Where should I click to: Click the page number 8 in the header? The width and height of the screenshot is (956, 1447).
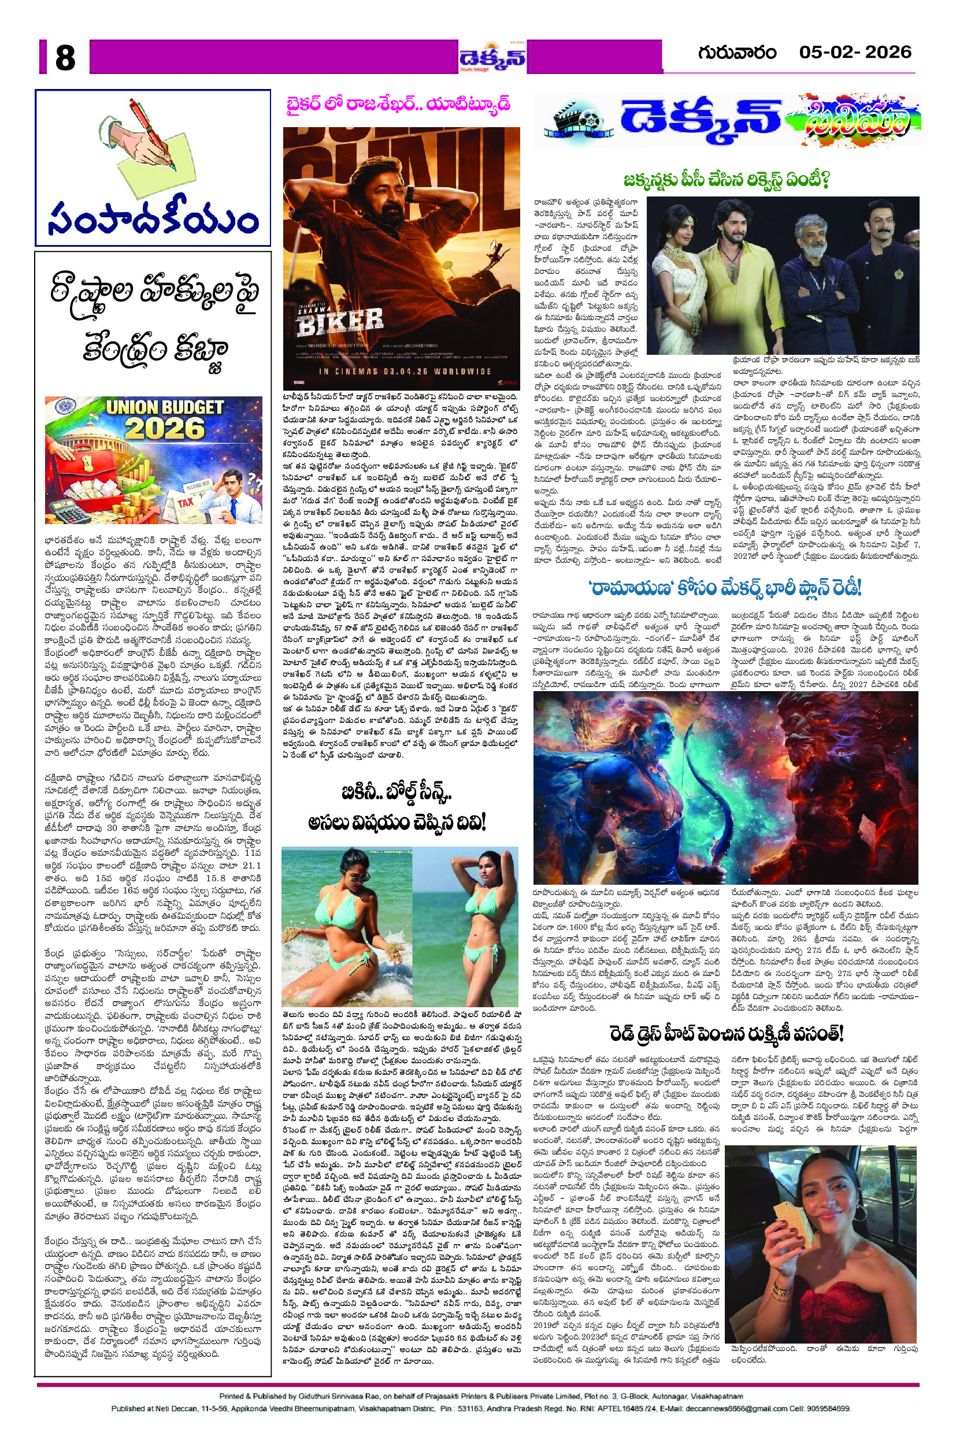point(65,58)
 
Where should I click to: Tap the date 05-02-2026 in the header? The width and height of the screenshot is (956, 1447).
point(855,53)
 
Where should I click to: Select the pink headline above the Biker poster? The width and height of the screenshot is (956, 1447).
point(399,105)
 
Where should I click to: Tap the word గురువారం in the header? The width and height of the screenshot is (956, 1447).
point(737,53)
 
